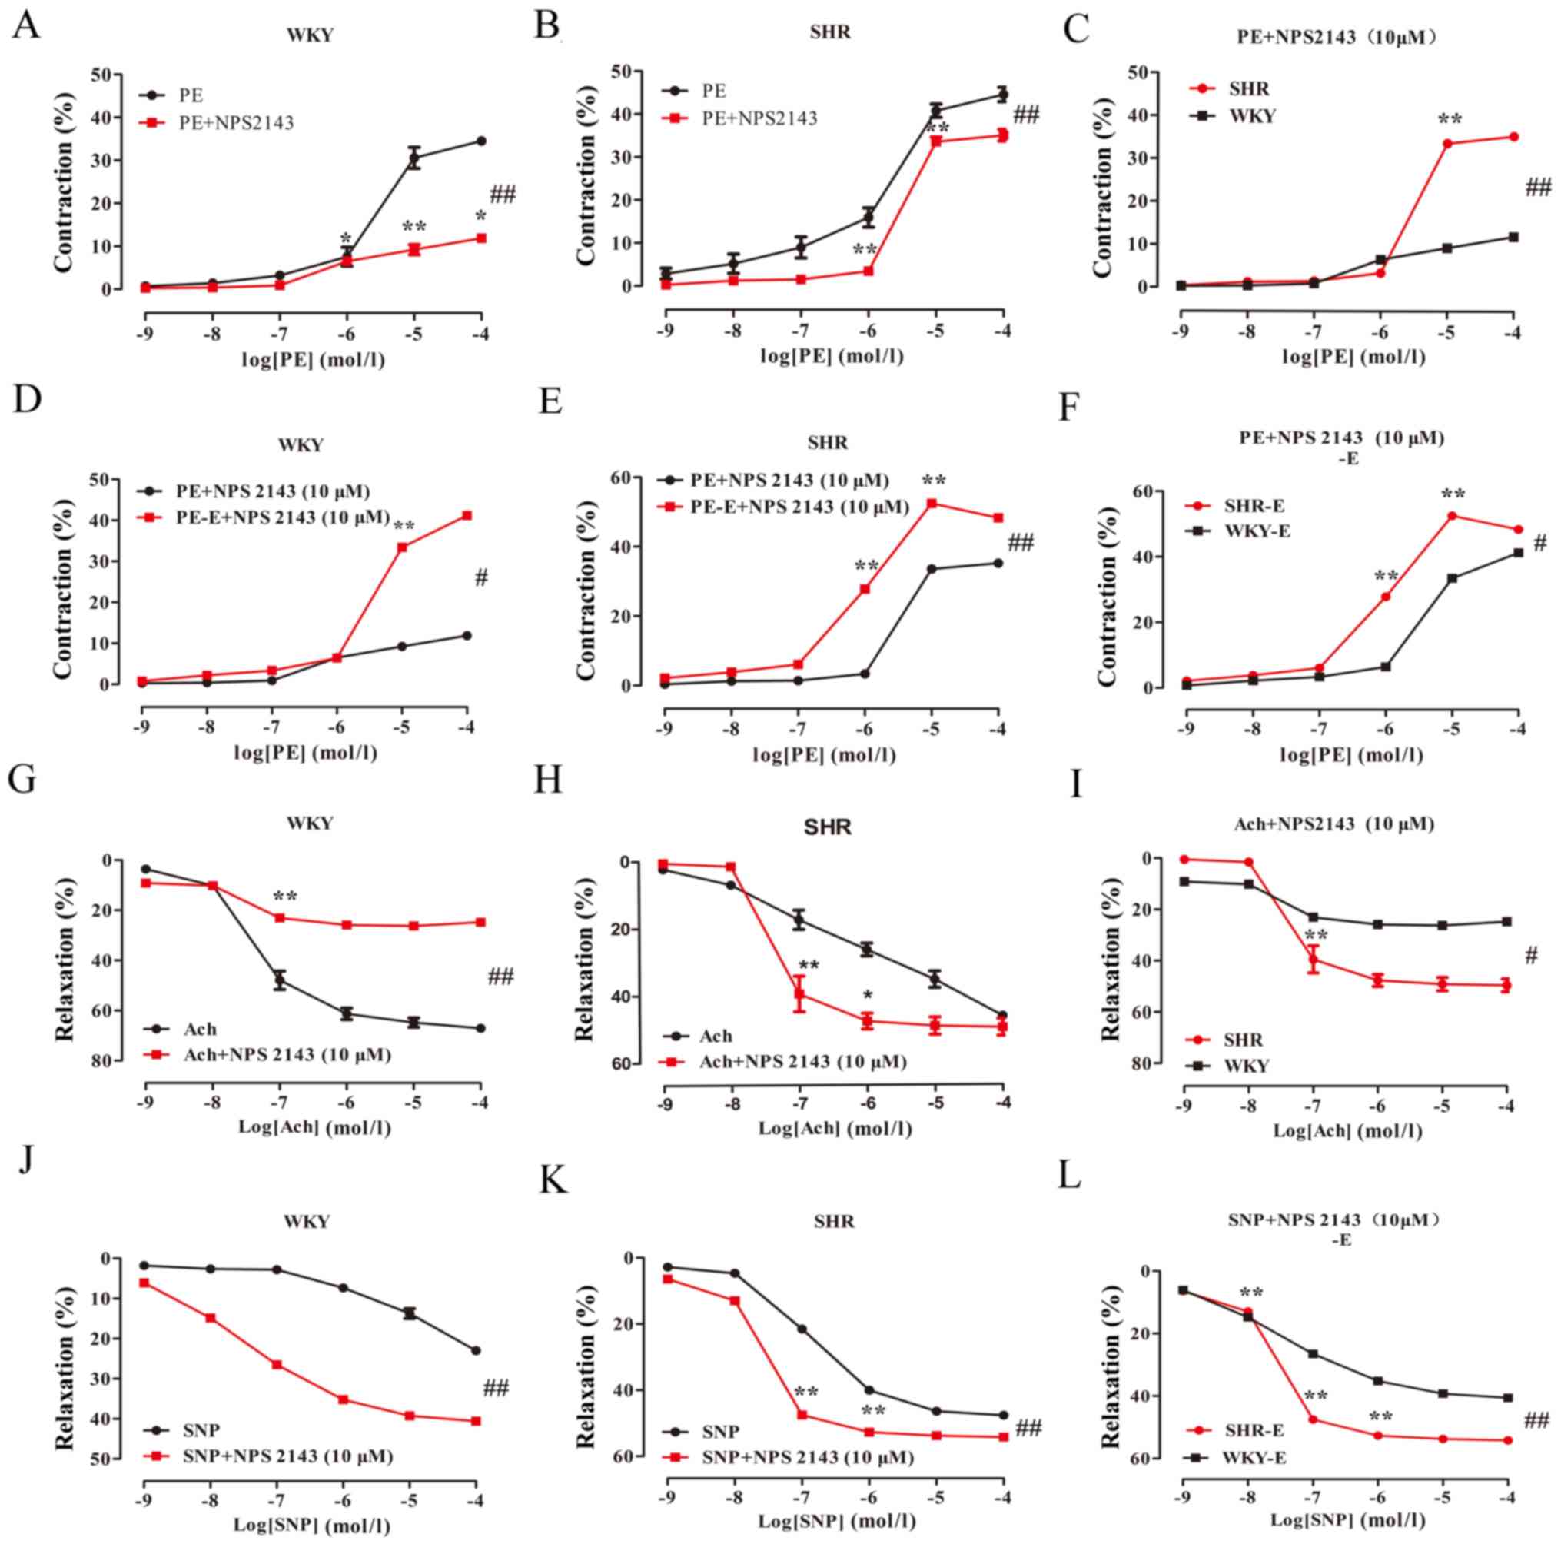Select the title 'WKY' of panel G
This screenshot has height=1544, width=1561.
point(311,824)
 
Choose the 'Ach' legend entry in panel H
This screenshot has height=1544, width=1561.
point(715,1036)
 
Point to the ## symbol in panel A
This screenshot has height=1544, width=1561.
point(503,194)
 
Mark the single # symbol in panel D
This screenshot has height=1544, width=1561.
point(482,577)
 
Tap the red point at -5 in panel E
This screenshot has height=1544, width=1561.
point(931,503)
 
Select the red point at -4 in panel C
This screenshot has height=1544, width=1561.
point(1513,137)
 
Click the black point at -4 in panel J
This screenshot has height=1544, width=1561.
point(476,1350)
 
